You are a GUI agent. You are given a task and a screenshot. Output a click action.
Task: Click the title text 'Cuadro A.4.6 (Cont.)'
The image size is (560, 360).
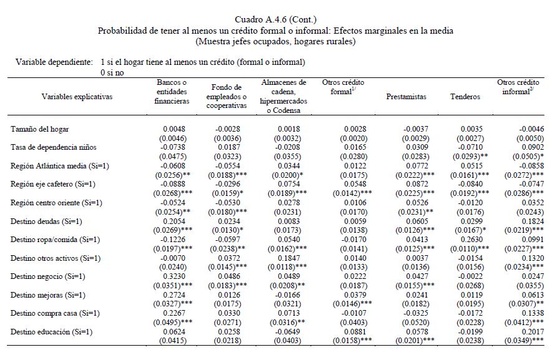280,21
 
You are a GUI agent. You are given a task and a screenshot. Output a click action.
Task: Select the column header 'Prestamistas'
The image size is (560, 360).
406,97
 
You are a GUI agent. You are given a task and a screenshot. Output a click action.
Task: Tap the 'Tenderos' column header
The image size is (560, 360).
465,97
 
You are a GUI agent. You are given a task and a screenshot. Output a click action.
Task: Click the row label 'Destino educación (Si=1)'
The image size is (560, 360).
51,331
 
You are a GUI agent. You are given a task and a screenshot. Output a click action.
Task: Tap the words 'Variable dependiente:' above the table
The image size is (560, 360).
54,62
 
